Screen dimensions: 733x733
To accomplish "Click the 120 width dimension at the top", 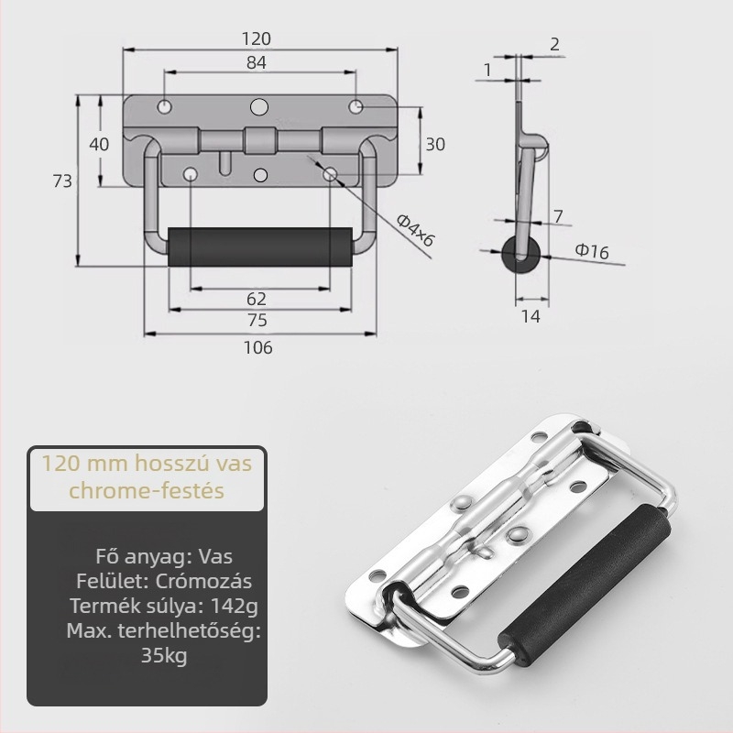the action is coord(257,38).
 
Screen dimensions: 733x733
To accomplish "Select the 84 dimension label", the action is coord(257,62).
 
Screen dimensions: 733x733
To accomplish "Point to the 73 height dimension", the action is coord(62,181).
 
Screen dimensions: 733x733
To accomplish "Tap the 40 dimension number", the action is coord(99,144).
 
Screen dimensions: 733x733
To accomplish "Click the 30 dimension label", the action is coord(434,145).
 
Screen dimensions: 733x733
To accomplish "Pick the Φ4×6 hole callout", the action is coord(415,230).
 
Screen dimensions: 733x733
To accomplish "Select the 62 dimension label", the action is coord(257,299).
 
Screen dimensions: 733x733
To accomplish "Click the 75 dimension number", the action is coord(257,320).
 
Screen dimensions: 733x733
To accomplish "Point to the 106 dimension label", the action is coord(258,347).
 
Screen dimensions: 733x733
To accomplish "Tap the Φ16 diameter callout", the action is coord(592,251).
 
